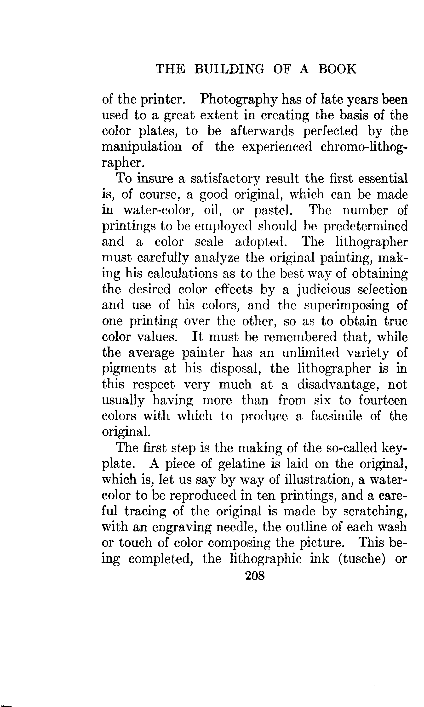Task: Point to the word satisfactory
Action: (x=225, y=179)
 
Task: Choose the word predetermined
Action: (x=365, y=227)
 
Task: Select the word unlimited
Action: (x=310, y=353)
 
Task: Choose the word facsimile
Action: (x=336, y=416)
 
